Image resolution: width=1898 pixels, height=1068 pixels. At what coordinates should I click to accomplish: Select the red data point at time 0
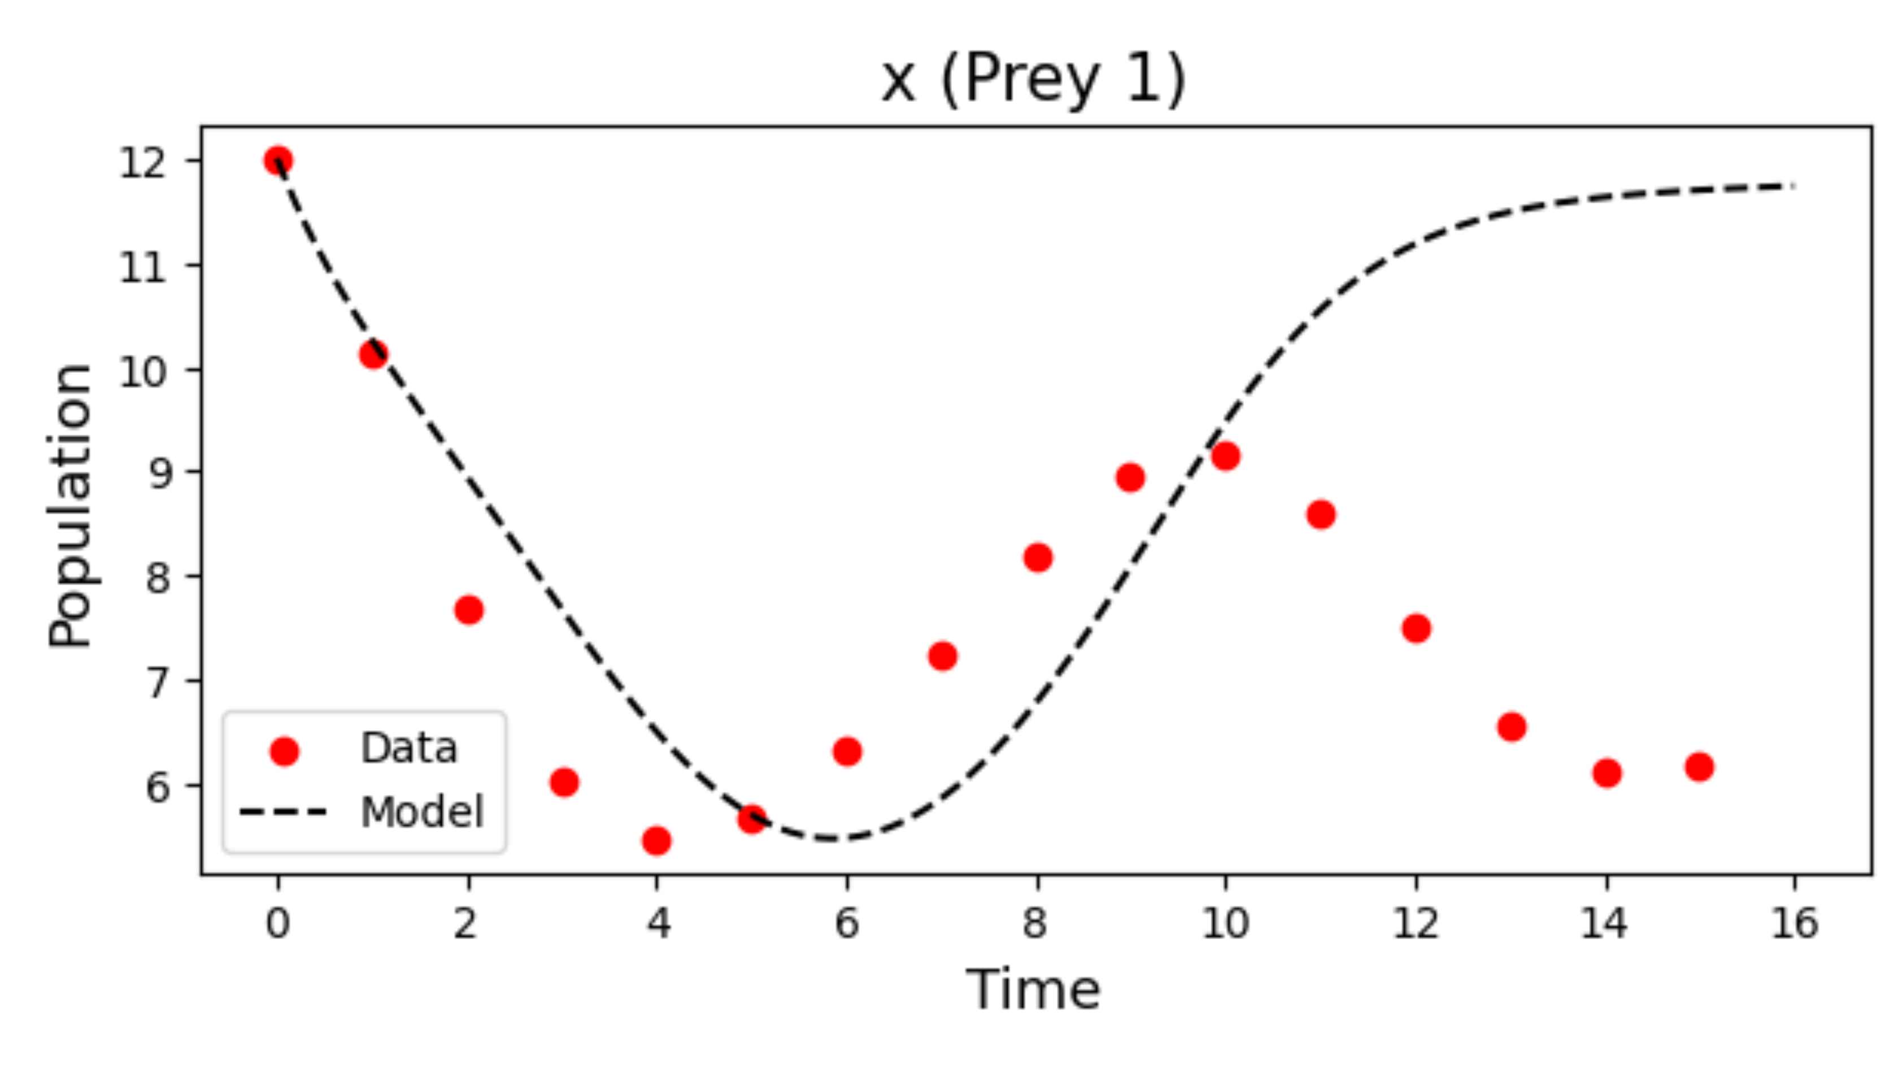click(x=278, y=160)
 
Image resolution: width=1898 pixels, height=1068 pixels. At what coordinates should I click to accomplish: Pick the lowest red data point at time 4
click(x=656, y=840)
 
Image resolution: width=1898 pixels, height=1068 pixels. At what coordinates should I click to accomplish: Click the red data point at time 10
click(x=1225, y=456)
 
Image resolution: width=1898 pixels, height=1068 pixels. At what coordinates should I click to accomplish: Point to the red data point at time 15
click(x=1699, y=767)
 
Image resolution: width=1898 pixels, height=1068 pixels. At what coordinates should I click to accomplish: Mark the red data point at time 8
click(x=1038, y=557)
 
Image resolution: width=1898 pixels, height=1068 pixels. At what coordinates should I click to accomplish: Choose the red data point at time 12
click(x=1416, y=629)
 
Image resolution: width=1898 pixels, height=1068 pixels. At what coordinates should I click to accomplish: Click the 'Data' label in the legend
click(x=409, y=748)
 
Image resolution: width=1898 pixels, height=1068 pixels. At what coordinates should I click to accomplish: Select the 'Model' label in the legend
click(x=422, y=812)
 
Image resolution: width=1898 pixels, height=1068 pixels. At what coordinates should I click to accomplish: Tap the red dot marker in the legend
click(x=284, y=751)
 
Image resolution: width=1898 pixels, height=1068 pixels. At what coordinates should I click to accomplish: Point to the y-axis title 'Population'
click(x=70, y=506)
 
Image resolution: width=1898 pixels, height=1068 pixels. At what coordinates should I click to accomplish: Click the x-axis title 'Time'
click(x=1033, y=989)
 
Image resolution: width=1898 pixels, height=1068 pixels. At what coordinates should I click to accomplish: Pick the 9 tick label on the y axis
click(x=159, y=473)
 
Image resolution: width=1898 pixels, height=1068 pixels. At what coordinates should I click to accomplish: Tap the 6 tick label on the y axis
click(x=158, y=787)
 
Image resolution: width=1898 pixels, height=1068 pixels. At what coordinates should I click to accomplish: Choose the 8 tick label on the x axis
click(x=1036, y=923)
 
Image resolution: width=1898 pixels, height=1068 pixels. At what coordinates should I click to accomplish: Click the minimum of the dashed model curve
click(x=830, y=839)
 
